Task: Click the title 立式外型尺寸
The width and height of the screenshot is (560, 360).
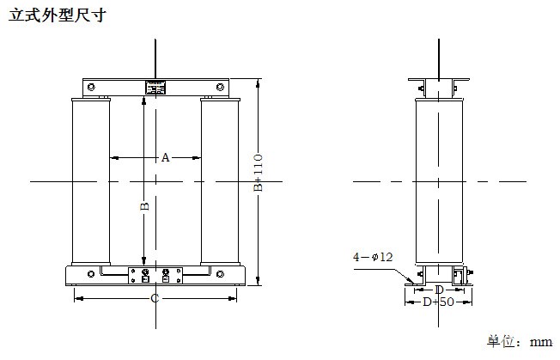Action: [58, 15]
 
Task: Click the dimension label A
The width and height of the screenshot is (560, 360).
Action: [165, 157]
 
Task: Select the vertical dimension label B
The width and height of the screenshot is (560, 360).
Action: [144, 206]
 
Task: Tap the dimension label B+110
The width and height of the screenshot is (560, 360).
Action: [259, 173]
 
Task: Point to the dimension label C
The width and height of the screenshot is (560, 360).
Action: [155, 298]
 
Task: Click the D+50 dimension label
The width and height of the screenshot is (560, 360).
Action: [438, 302]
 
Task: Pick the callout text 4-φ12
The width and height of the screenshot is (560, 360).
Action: [373, 257]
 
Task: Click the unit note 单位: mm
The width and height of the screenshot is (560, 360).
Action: [520, 341]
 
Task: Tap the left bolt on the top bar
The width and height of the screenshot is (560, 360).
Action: [91, 87]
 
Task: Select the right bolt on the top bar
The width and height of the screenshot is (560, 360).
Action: [220, 87]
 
